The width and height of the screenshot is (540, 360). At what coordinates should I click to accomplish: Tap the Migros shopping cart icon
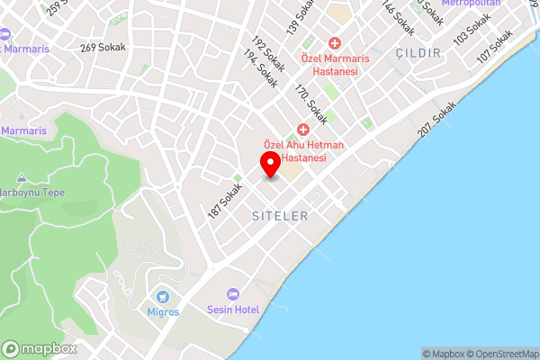tap(163, 296)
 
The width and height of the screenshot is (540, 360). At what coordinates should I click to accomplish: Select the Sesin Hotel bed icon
tap(233, 294)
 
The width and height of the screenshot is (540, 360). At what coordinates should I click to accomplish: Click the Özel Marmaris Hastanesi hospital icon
tap(334, 43)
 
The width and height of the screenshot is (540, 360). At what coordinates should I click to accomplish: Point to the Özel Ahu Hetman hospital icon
tap(303, 130)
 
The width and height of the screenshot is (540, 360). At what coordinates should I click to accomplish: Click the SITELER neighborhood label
tap(280, 217)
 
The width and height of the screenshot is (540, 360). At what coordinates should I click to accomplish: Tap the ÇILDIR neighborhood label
tap(418, 53)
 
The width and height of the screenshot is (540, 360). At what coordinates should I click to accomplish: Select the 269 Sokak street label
tap(103, 48)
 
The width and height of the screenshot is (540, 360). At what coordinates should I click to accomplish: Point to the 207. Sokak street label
tap(437, 118)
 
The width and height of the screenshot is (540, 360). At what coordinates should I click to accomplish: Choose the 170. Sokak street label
tap(311, 104)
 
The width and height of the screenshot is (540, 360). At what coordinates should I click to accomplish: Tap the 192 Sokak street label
tap(268, 55)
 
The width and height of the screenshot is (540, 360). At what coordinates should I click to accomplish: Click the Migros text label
tap(163, 312)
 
